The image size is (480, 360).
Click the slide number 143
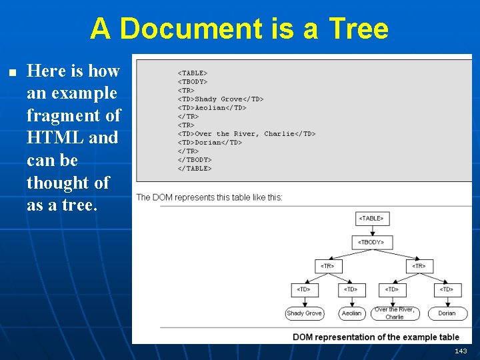coord(461,351)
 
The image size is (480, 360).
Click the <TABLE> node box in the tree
coord(371,219)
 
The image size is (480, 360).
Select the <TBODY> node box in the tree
coord(371,242)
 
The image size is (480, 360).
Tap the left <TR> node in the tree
coord(327,266)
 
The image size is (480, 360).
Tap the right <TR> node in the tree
coord(418,266)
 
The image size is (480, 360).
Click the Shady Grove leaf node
coord(304,313)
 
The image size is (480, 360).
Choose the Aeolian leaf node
coord(351,313)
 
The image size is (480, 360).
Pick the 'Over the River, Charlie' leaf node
coord(394,313)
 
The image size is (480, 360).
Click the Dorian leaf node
coord(447,313)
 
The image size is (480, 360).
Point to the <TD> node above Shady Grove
coord(304,289)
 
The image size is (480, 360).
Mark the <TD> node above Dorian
coord(447,289)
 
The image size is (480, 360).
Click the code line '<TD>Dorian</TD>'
coord(210,143)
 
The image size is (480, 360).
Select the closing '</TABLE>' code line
coord(195,169)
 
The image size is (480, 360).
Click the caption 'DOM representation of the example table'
coord(376,337)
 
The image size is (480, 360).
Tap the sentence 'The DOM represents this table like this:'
coord(209,197)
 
